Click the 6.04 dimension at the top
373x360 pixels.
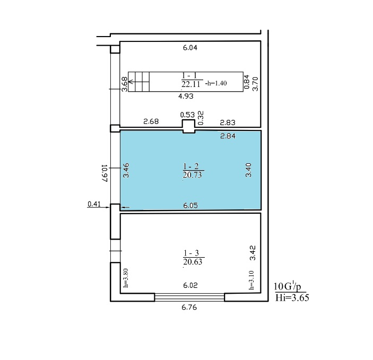tap(190, 48)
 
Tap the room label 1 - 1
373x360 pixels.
tap(189, 76)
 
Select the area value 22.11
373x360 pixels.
tap(191, 84)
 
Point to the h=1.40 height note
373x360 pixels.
tap(216, 83)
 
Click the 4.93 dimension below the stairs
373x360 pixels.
tap(186, 96)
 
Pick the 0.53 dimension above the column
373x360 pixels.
tap(187, 115)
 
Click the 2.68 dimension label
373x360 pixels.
tap(151, 121)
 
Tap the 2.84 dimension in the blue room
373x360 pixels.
tap(228, 136)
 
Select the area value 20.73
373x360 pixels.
tap(192, 175)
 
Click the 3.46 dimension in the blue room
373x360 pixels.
tap(126, 170)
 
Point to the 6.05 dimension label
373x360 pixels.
tap(190, 205)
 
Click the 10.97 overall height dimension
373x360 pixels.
tap(105, 173)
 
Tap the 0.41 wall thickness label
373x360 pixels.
tap(94, 204)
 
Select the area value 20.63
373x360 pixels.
tap(193, 261)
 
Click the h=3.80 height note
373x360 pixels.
tap(126, 278)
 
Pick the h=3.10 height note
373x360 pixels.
tap(251, 280)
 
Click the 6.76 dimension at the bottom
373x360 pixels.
tap(189, 307)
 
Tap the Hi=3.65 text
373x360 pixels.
tap(292, 297)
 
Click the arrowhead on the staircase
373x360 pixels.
tap(130, 82)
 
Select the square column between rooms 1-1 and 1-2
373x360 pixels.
tap(188, 126)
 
